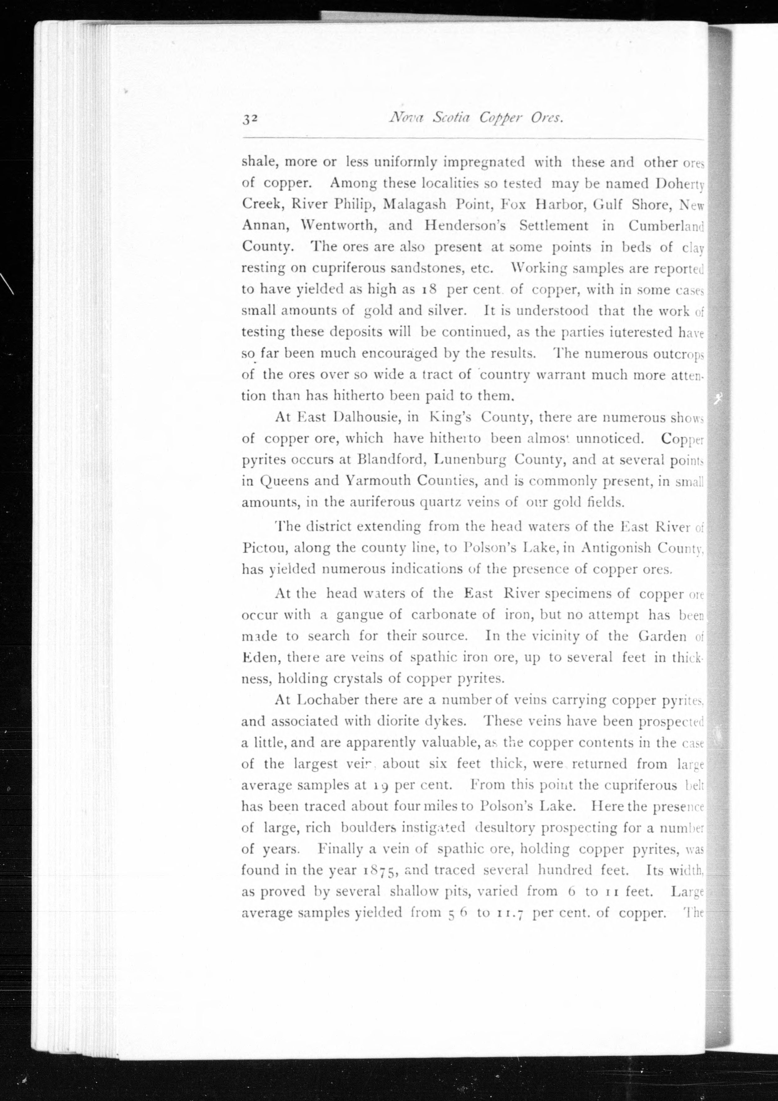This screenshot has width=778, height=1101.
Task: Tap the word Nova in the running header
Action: click(406, 117)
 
